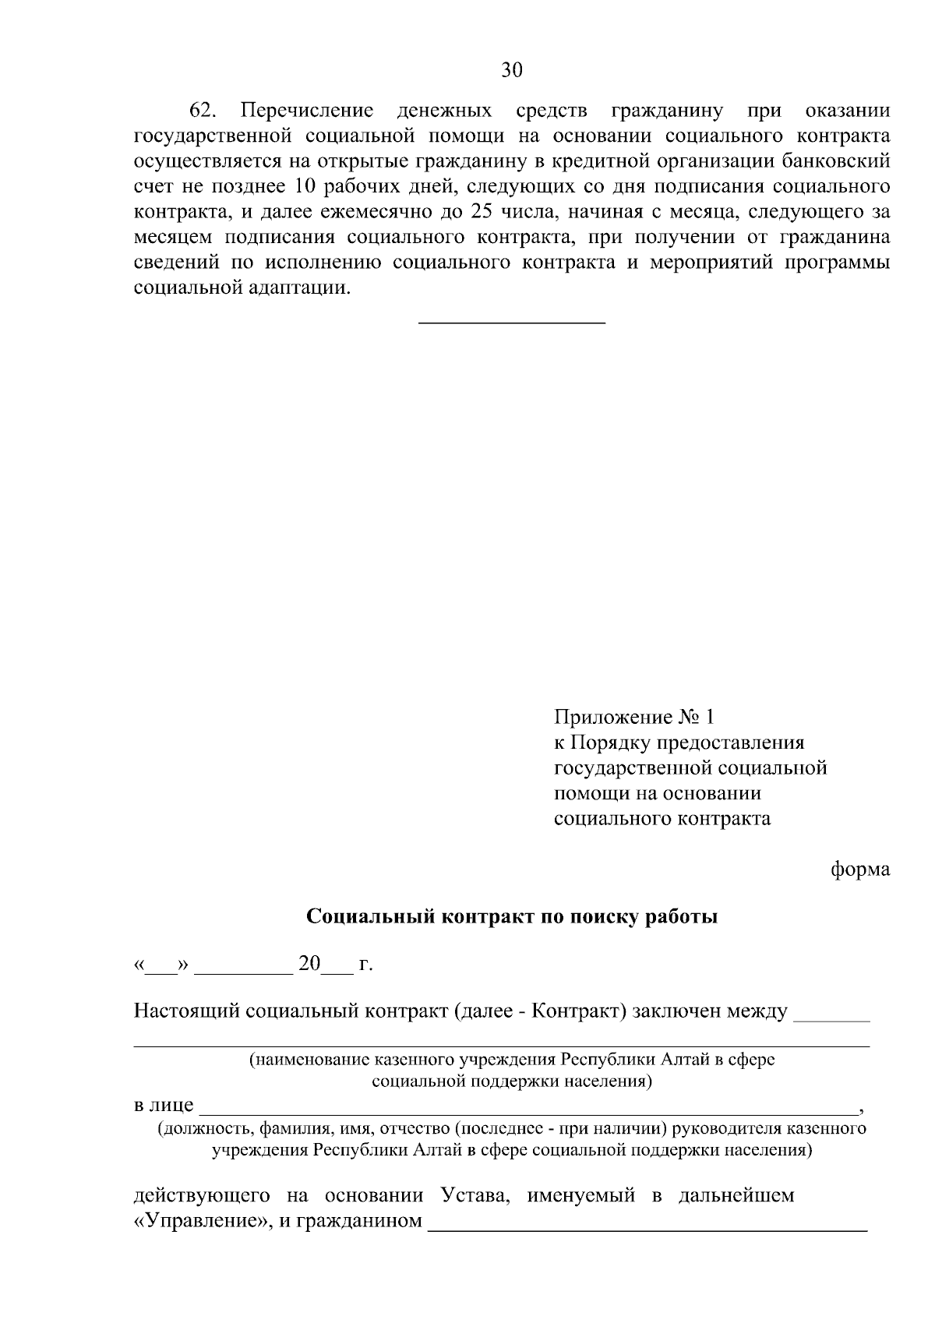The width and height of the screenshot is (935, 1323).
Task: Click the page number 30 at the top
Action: pos(511,71)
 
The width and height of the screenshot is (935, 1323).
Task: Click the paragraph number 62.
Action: pos(203,110)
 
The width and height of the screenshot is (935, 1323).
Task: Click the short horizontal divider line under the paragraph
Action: pos(512,322)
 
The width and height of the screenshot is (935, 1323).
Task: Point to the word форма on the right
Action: pos(860,869)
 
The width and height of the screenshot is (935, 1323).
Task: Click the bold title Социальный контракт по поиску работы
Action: pos(511,916)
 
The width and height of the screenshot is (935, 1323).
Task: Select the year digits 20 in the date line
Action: pos(309,965)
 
